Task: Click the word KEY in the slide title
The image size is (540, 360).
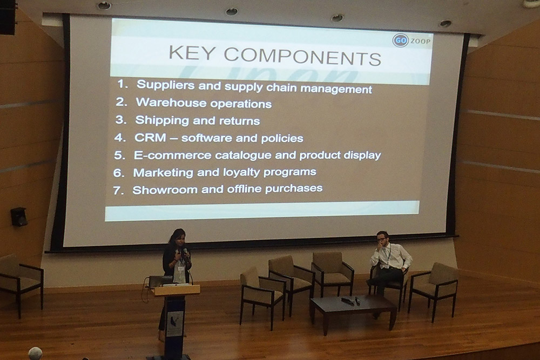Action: coord(192,53)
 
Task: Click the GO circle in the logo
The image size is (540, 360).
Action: coord(400,40)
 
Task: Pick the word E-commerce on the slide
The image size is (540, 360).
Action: coord(173,155)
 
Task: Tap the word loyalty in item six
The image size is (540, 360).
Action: coord(241,172)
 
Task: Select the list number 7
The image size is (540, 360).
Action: coord(118,191)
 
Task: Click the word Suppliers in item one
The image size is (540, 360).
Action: coord(166,85)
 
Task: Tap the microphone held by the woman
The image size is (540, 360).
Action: coord(186,253)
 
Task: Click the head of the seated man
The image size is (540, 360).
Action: coord(382,237)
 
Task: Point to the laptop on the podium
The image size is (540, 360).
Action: coord(160,281)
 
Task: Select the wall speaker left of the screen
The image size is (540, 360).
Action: coord(18,216)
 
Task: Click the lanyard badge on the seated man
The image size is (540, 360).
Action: coord(387,265)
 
